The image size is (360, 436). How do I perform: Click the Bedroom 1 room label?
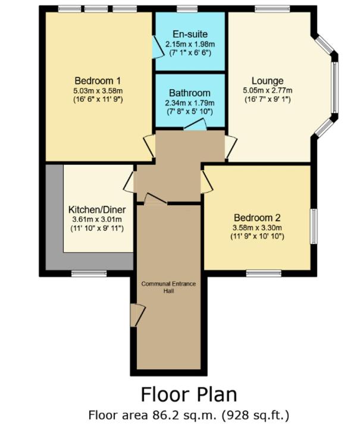98,81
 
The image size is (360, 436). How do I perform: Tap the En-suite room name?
190,34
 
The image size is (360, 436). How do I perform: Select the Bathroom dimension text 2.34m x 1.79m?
190,103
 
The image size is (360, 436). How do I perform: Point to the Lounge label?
268,81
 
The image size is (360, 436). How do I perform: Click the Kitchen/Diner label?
97,209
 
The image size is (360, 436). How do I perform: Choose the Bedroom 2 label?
257,218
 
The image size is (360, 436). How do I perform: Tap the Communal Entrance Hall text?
168,287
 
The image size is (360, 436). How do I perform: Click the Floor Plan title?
189,394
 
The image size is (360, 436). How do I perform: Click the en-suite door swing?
158,47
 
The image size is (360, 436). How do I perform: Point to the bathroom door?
195,125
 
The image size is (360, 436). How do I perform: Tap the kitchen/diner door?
129,182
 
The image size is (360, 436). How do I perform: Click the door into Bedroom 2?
206,182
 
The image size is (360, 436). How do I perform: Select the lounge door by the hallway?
231,147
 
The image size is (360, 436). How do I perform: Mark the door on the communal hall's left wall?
137,315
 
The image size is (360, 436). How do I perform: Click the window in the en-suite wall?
187,9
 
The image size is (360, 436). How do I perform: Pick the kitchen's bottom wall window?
89,274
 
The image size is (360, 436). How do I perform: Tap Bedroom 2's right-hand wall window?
314,227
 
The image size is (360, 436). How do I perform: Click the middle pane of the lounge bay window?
335,87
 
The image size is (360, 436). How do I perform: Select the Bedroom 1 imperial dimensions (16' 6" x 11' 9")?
98,99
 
